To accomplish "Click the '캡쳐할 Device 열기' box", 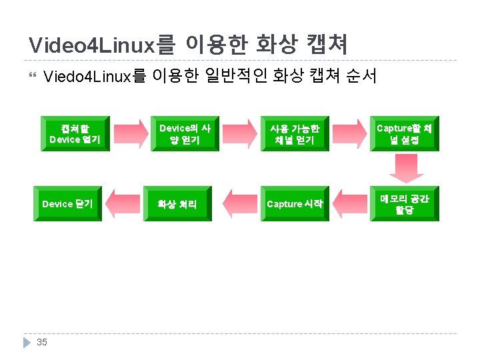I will (x=75, y=133).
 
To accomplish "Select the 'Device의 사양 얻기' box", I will (x=185, y=133).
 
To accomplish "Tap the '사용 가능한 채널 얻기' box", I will (x=295, y=133).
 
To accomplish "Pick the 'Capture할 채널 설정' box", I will (x=405, y=133).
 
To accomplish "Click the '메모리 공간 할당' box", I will (x=405, y=204).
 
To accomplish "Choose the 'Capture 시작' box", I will (x=295, y=204).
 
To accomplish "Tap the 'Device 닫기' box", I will (x=67, y=204).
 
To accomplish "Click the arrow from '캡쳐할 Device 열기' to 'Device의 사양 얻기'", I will (x=130, y=133).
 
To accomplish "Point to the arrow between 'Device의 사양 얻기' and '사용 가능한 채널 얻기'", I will (x=240, y=133).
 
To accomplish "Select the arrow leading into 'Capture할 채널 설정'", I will (x=350, y=133).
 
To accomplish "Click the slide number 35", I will (x=42, y=342).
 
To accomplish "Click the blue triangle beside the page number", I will (x=27, y=342).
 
